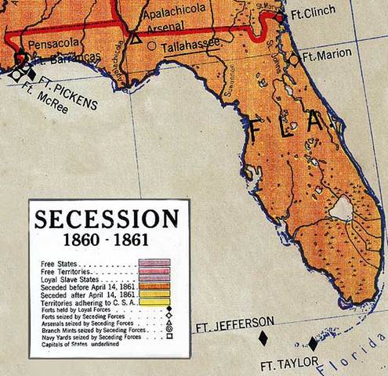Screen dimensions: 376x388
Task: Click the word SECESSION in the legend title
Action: click(106, 219)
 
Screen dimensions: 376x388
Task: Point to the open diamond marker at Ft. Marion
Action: click(293, 58)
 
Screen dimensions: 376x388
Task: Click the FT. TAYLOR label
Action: click(289, 362)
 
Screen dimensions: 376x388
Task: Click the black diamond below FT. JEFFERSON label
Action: click(263, 338)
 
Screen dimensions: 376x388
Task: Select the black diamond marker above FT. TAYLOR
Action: click(313, 343)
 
